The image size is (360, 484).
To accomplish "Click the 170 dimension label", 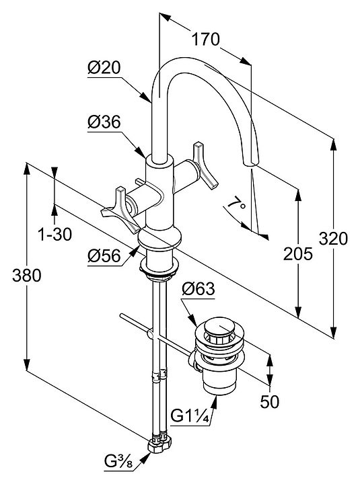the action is (x=206, y=39).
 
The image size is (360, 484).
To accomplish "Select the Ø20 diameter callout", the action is (x=104, y=68).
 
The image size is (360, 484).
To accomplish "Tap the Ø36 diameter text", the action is (x=104, y=122).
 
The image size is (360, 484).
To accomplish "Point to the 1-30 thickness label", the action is (x=55, y=235).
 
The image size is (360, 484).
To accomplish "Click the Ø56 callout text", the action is (x=104, y=255).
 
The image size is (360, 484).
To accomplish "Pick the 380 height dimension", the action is (x=26, y=275).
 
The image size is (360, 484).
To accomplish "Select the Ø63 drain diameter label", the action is (x=198, y=289).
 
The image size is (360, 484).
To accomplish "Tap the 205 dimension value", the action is (x=298, y=253).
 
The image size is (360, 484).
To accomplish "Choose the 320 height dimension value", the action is (x=334, y=239).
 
